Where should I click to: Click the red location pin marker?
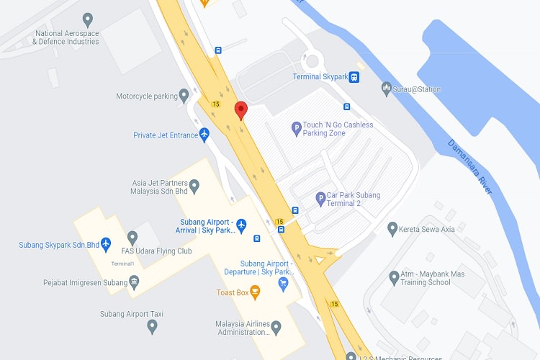click(241, 111)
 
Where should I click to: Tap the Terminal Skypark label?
click(320, 77)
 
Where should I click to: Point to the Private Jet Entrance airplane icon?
click(204, 134)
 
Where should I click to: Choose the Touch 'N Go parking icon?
click(296, 129)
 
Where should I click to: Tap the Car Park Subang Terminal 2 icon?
click(320, 199)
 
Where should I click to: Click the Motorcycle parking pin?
click(184, 94)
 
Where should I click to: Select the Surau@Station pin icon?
click(386, 88)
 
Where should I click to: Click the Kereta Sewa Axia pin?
click(392, 228)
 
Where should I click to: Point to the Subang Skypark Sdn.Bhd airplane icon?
click(107, 244)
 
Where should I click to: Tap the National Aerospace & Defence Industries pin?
click(88, 19)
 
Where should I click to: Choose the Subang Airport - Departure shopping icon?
click(284, 283)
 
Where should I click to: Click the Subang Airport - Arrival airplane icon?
click(241, 225)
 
